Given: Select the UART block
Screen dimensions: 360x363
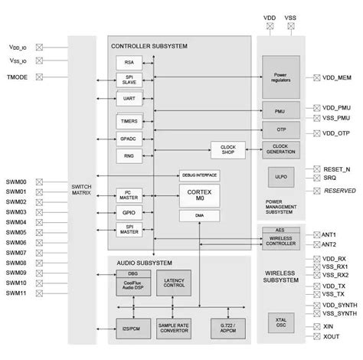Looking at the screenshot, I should pyautogui.click(x=128, y=99).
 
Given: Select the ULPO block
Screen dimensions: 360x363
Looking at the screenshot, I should pyautogui.click(x=280, y=177).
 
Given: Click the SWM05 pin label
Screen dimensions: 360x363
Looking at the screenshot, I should pyautogui.click(x=15, y=232).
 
